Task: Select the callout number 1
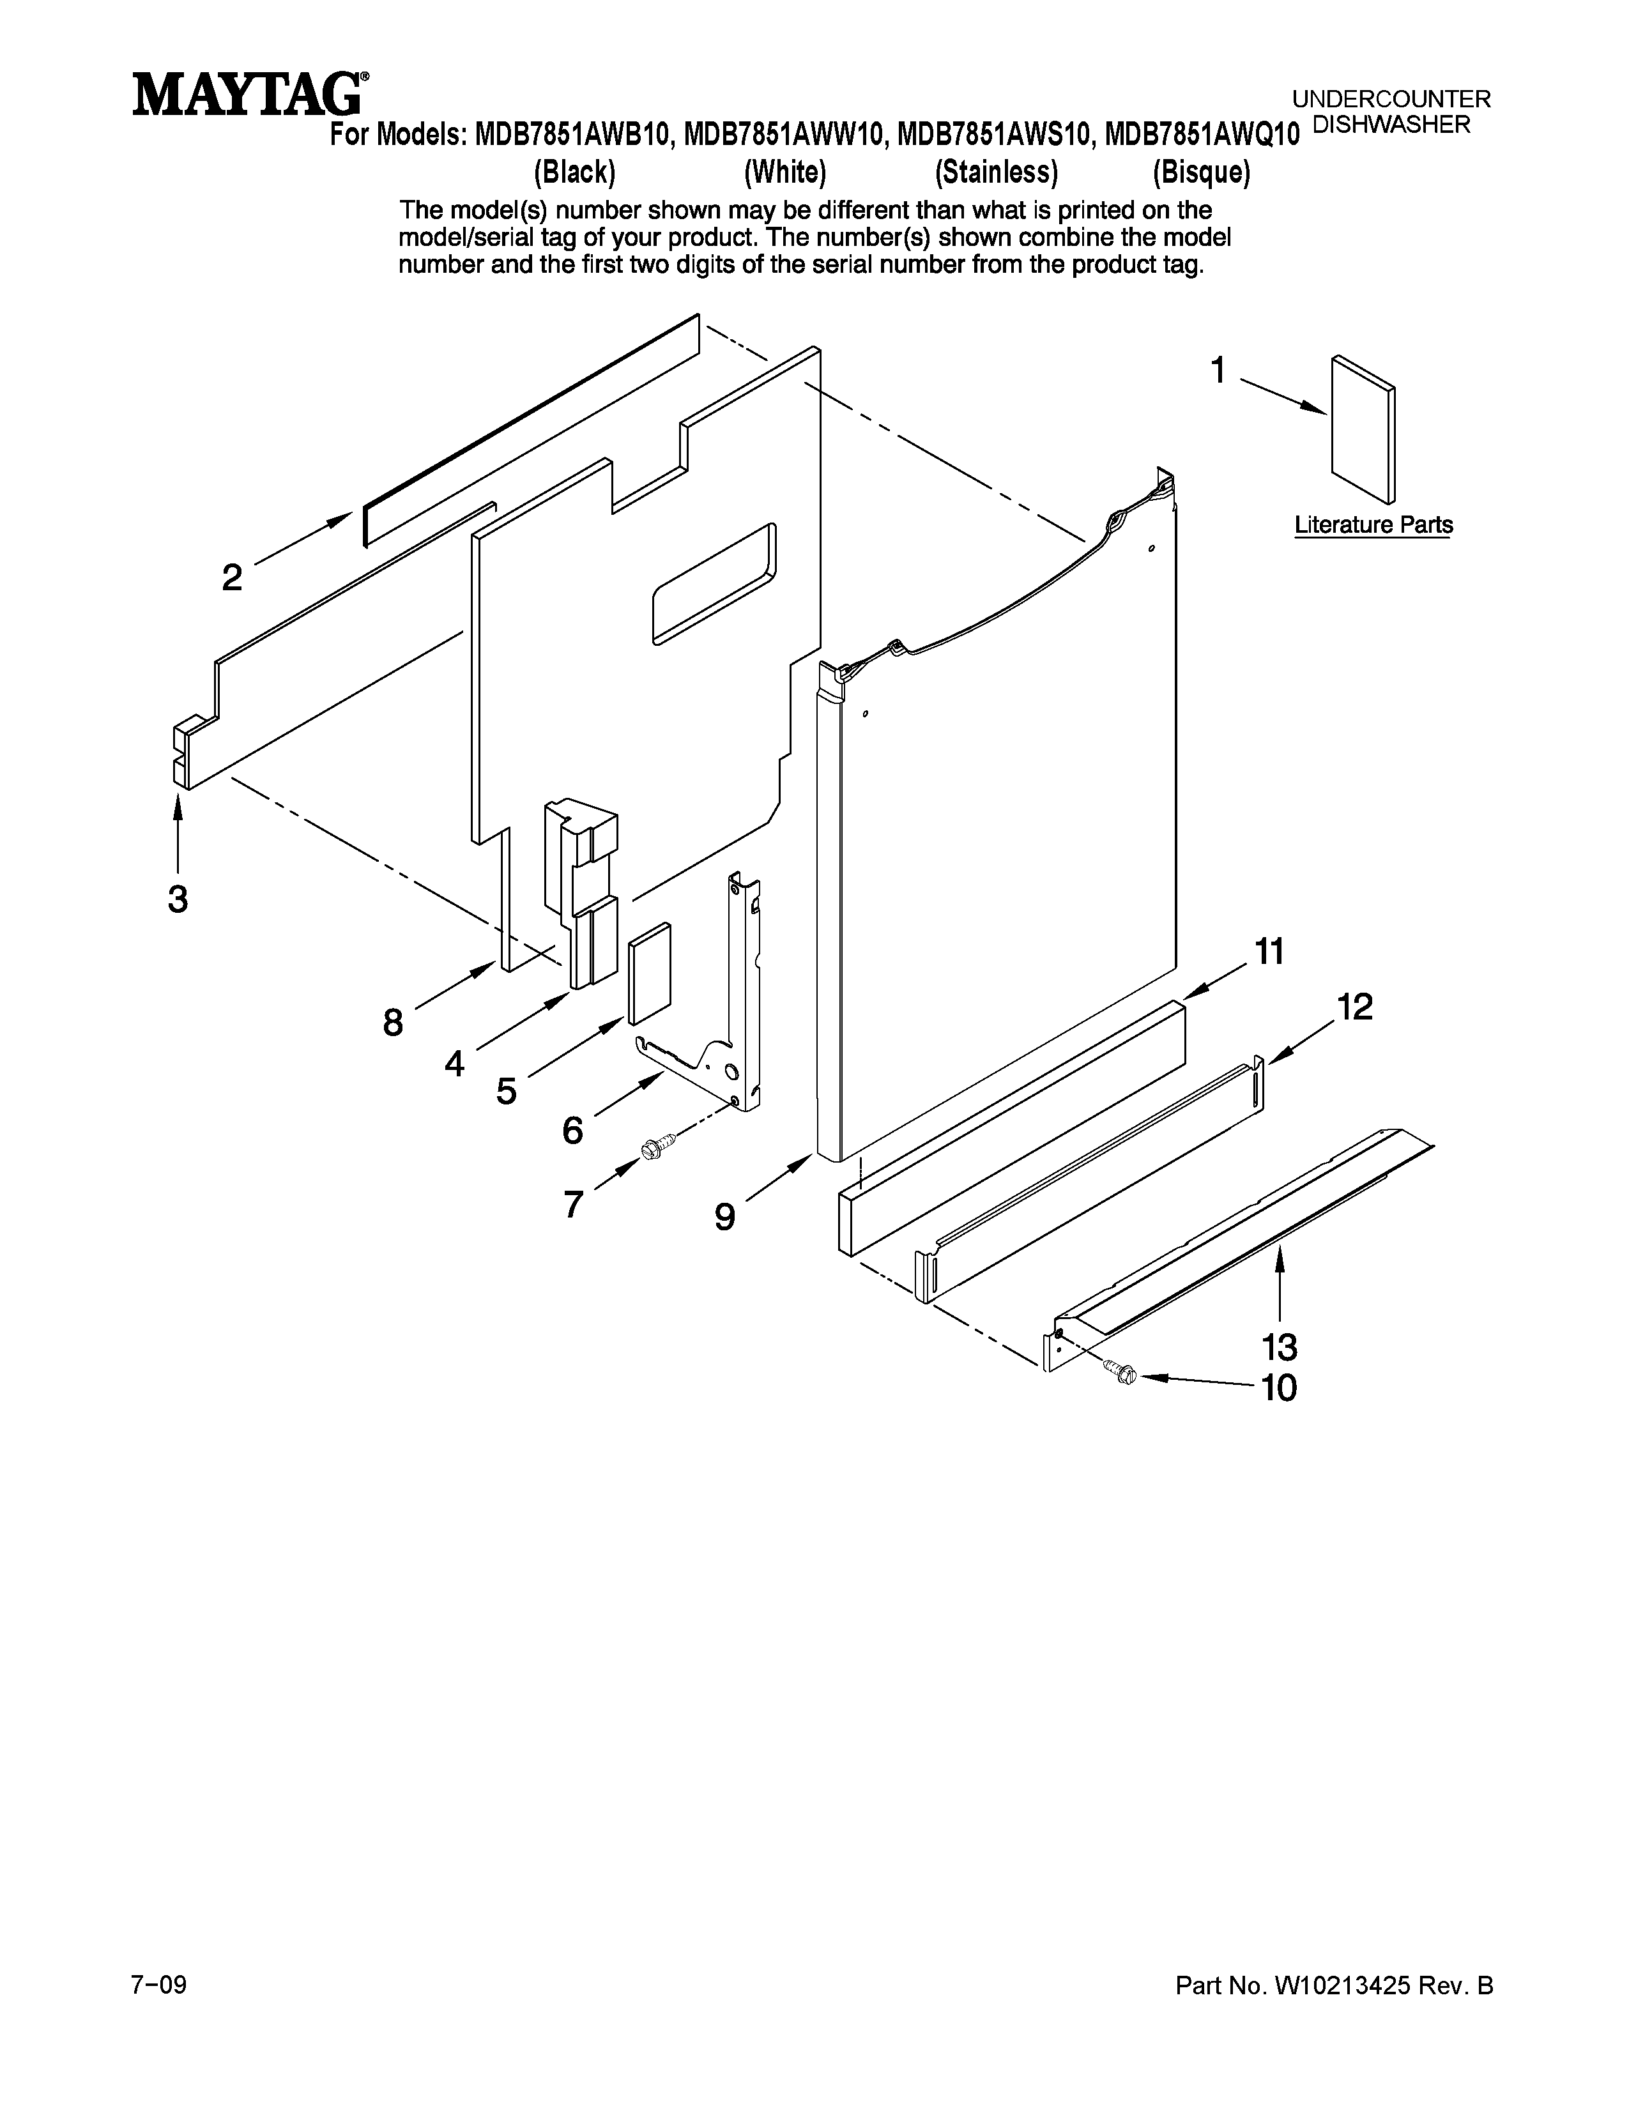(1218, 370)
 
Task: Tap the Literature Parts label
(1372, 525)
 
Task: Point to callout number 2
(232, 578)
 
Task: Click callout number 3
(178, 899)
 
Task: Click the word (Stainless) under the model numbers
(996, 172)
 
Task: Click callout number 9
(725, 1216)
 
